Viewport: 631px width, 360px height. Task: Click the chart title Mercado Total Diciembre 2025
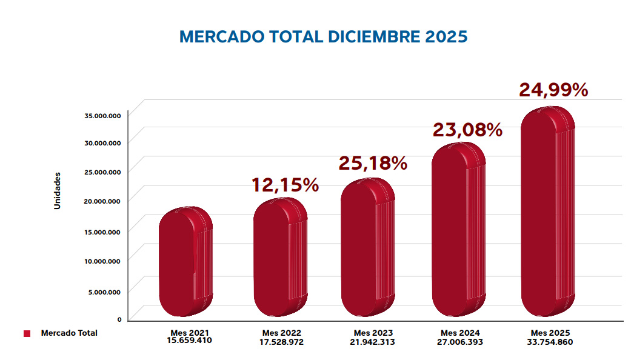323,36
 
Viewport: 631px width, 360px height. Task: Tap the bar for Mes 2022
279,258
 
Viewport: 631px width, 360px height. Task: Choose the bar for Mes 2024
458,230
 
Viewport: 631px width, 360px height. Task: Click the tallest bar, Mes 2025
547,212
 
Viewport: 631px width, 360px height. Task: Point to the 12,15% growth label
285,185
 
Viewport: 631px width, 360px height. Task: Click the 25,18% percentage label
372,163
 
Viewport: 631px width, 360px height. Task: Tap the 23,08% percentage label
467,130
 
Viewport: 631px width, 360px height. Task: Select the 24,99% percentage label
553,90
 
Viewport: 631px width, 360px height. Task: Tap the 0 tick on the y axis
119,319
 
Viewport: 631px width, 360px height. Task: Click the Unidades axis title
58,190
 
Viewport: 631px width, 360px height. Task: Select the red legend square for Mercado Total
27,333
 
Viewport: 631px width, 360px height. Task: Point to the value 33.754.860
550,341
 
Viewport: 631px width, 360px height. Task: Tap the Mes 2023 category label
373,333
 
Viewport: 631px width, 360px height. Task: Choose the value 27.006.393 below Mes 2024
460,341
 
